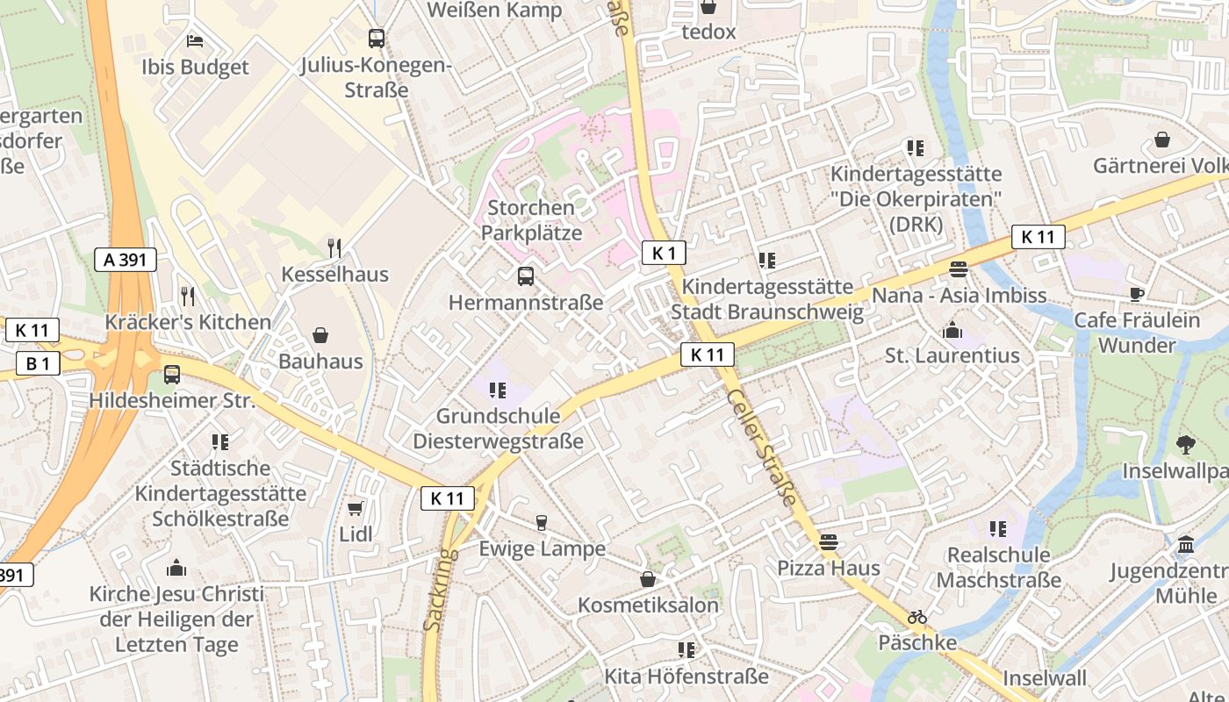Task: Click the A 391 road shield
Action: [126, 259]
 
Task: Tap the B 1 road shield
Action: [38, 362]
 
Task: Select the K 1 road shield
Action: [664, 254]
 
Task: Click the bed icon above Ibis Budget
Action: [195, 40]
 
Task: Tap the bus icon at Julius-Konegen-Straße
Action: [377, 38]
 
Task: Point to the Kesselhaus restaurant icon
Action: [334, 248]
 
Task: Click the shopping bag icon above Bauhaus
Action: [320, 335]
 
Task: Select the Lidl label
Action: [356, 534]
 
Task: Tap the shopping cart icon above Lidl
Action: [356, 509]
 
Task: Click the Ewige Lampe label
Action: [542, 549]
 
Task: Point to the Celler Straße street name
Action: [763, 448]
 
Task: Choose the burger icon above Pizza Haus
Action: [828, 542]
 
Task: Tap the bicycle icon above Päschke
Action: [917, 618]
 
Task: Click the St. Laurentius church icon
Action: [952, 330]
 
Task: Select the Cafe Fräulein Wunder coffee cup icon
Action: [1137, 295]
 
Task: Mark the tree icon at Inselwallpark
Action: [1186, 445]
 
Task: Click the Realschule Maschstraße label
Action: [998, 568]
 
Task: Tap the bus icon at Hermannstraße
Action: [525, 276]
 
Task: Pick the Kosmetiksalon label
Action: [648, 605]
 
